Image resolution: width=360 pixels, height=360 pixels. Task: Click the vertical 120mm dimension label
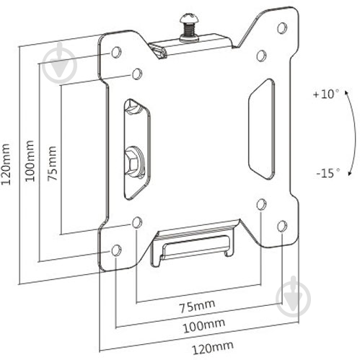coord(6,164)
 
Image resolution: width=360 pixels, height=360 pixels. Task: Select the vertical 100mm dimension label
coord(30,161)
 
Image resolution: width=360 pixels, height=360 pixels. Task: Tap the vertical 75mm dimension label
coord(52,163)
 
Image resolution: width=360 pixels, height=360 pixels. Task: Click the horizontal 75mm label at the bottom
coord(197,307)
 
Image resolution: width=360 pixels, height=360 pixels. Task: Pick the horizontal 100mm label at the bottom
coord(204,325)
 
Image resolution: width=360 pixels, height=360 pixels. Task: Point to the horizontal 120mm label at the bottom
coord(213,348)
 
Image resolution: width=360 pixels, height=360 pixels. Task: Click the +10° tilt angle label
coord(326,94)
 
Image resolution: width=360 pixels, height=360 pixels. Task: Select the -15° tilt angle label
coord(328,173)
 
